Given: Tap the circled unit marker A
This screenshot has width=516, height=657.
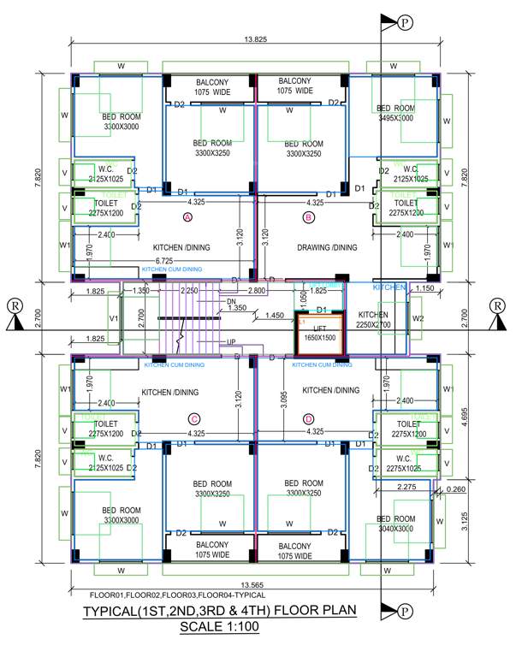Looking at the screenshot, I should pyautogui.click(x=187, y=218).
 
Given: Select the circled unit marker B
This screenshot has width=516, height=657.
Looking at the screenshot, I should pyautogui.click(x=310, y=218).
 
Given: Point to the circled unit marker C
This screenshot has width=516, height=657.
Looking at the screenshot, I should pyautogui.click(x=194, y=418).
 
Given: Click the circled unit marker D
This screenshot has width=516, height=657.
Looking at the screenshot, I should pyautogui.click(x=308, y=418).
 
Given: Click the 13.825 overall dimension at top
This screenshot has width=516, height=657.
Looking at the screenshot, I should pyautogui.click(x=254, y=40).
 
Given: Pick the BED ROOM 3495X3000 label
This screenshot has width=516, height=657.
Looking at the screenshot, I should pyautogui.click(x=394, y=113).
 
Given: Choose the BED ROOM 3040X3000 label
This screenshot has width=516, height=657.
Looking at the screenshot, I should pyautogui.click(x=395, y=524).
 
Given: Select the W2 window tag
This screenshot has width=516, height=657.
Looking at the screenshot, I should pyautogui.click(x=418, y=319).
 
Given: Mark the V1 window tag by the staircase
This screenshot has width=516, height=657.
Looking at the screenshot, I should pyautogui.click(x=113, y=319).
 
